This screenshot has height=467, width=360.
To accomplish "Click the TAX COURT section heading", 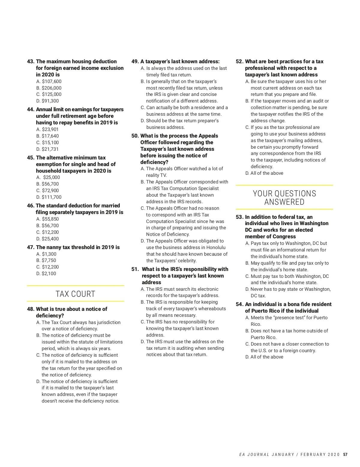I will [x=75, y=294].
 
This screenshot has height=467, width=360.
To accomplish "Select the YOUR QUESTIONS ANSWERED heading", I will [x=284, y=198].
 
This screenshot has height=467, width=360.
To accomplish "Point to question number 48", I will [x=30, y=309].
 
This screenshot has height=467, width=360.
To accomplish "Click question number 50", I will [x=135, y=136].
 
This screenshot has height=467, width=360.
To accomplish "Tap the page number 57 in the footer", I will [x=345, y=454].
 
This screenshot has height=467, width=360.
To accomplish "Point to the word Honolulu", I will [x=216, y=248].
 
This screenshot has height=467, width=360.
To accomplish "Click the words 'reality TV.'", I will [x=156, y=175].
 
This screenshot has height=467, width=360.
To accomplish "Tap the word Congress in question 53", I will [x=284, y=236].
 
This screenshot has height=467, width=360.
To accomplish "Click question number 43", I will [x=31, y=61].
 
